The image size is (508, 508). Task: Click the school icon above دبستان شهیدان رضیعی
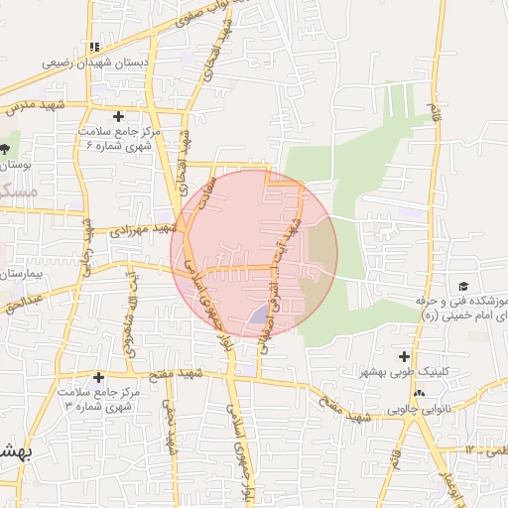click(x=95, y=46)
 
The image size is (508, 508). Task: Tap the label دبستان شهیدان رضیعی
click(x=95, y=62)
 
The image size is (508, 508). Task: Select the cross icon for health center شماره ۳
click(x=98, y=377)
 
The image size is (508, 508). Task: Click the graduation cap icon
click(x=462, y=286)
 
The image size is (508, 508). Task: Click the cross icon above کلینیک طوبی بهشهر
click(x=404, y=356)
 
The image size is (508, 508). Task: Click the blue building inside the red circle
click(x=257, y=316)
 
